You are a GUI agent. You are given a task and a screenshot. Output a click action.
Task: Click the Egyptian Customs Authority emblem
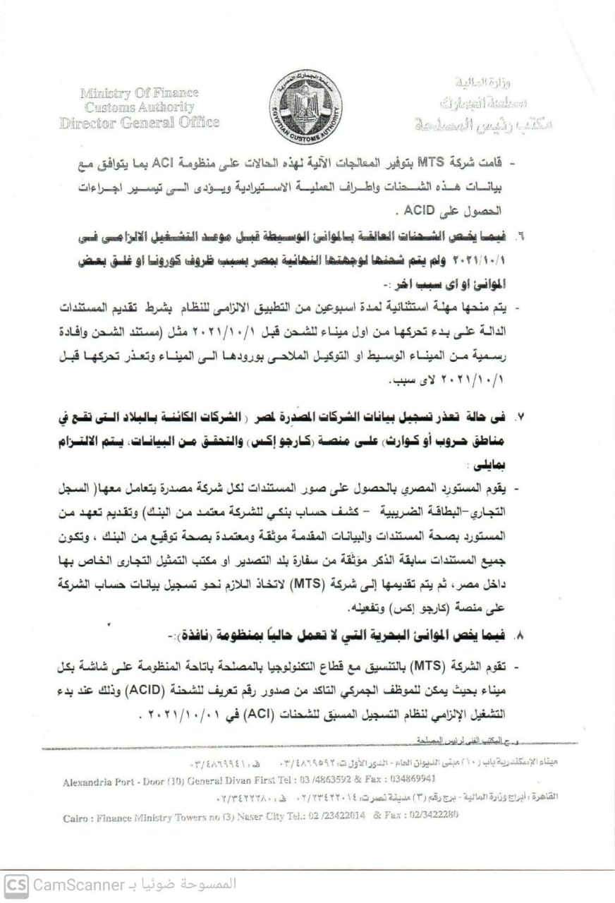(x=305, y=107)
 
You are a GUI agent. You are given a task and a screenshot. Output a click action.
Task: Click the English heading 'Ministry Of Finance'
(x=139, y=92)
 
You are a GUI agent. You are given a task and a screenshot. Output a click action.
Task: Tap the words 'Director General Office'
(x=139, y=122)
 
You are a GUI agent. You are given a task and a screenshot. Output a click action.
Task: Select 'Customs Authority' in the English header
(x=139, y=107)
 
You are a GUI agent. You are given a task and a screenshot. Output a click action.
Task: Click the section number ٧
(x=520, y=418)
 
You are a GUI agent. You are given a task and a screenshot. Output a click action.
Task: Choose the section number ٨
(x=520, y=636)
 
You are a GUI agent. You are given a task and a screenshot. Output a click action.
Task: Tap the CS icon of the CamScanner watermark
(x=16, y=883)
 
